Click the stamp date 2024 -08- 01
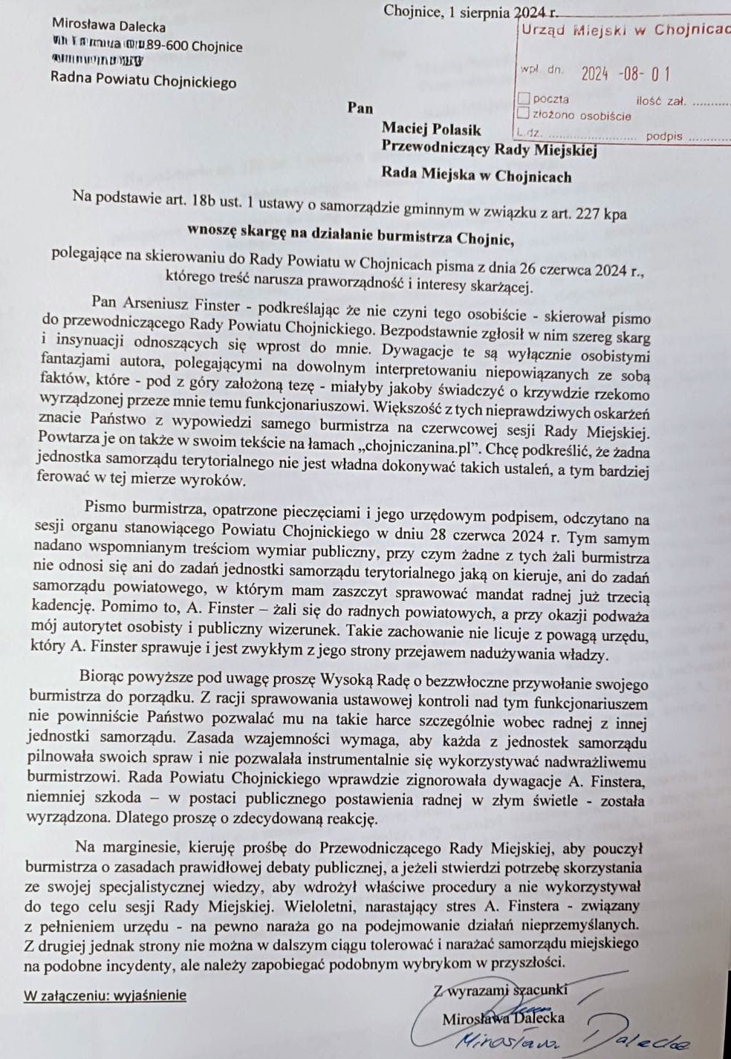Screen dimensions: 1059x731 626,74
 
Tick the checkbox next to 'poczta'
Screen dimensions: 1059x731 524,98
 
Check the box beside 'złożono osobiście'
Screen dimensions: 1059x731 524,114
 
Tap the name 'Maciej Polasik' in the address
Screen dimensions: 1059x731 431,130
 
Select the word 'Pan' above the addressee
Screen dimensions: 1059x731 360,108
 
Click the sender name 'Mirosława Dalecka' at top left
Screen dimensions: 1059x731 108,26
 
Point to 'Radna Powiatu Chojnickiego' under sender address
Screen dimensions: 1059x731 143,79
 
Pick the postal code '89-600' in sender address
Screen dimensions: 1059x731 167,45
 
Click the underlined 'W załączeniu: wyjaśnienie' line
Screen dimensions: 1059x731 105,995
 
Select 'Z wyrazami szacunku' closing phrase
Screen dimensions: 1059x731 501,989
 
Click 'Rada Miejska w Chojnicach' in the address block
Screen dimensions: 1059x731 476,176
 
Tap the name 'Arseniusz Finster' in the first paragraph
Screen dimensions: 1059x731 179,304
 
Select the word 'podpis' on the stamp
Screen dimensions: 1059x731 663,136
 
